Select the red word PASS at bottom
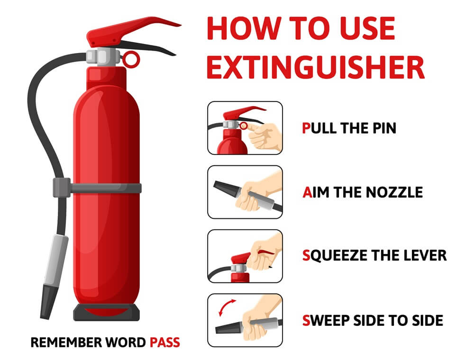click(x=165, y=342)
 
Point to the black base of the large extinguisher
click(x=107, y=313)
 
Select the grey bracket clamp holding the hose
click(x=62, y=187)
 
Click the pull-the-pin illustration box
click(x=245, y=128)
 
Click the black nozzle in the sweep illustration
click(x=228, y=326)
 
